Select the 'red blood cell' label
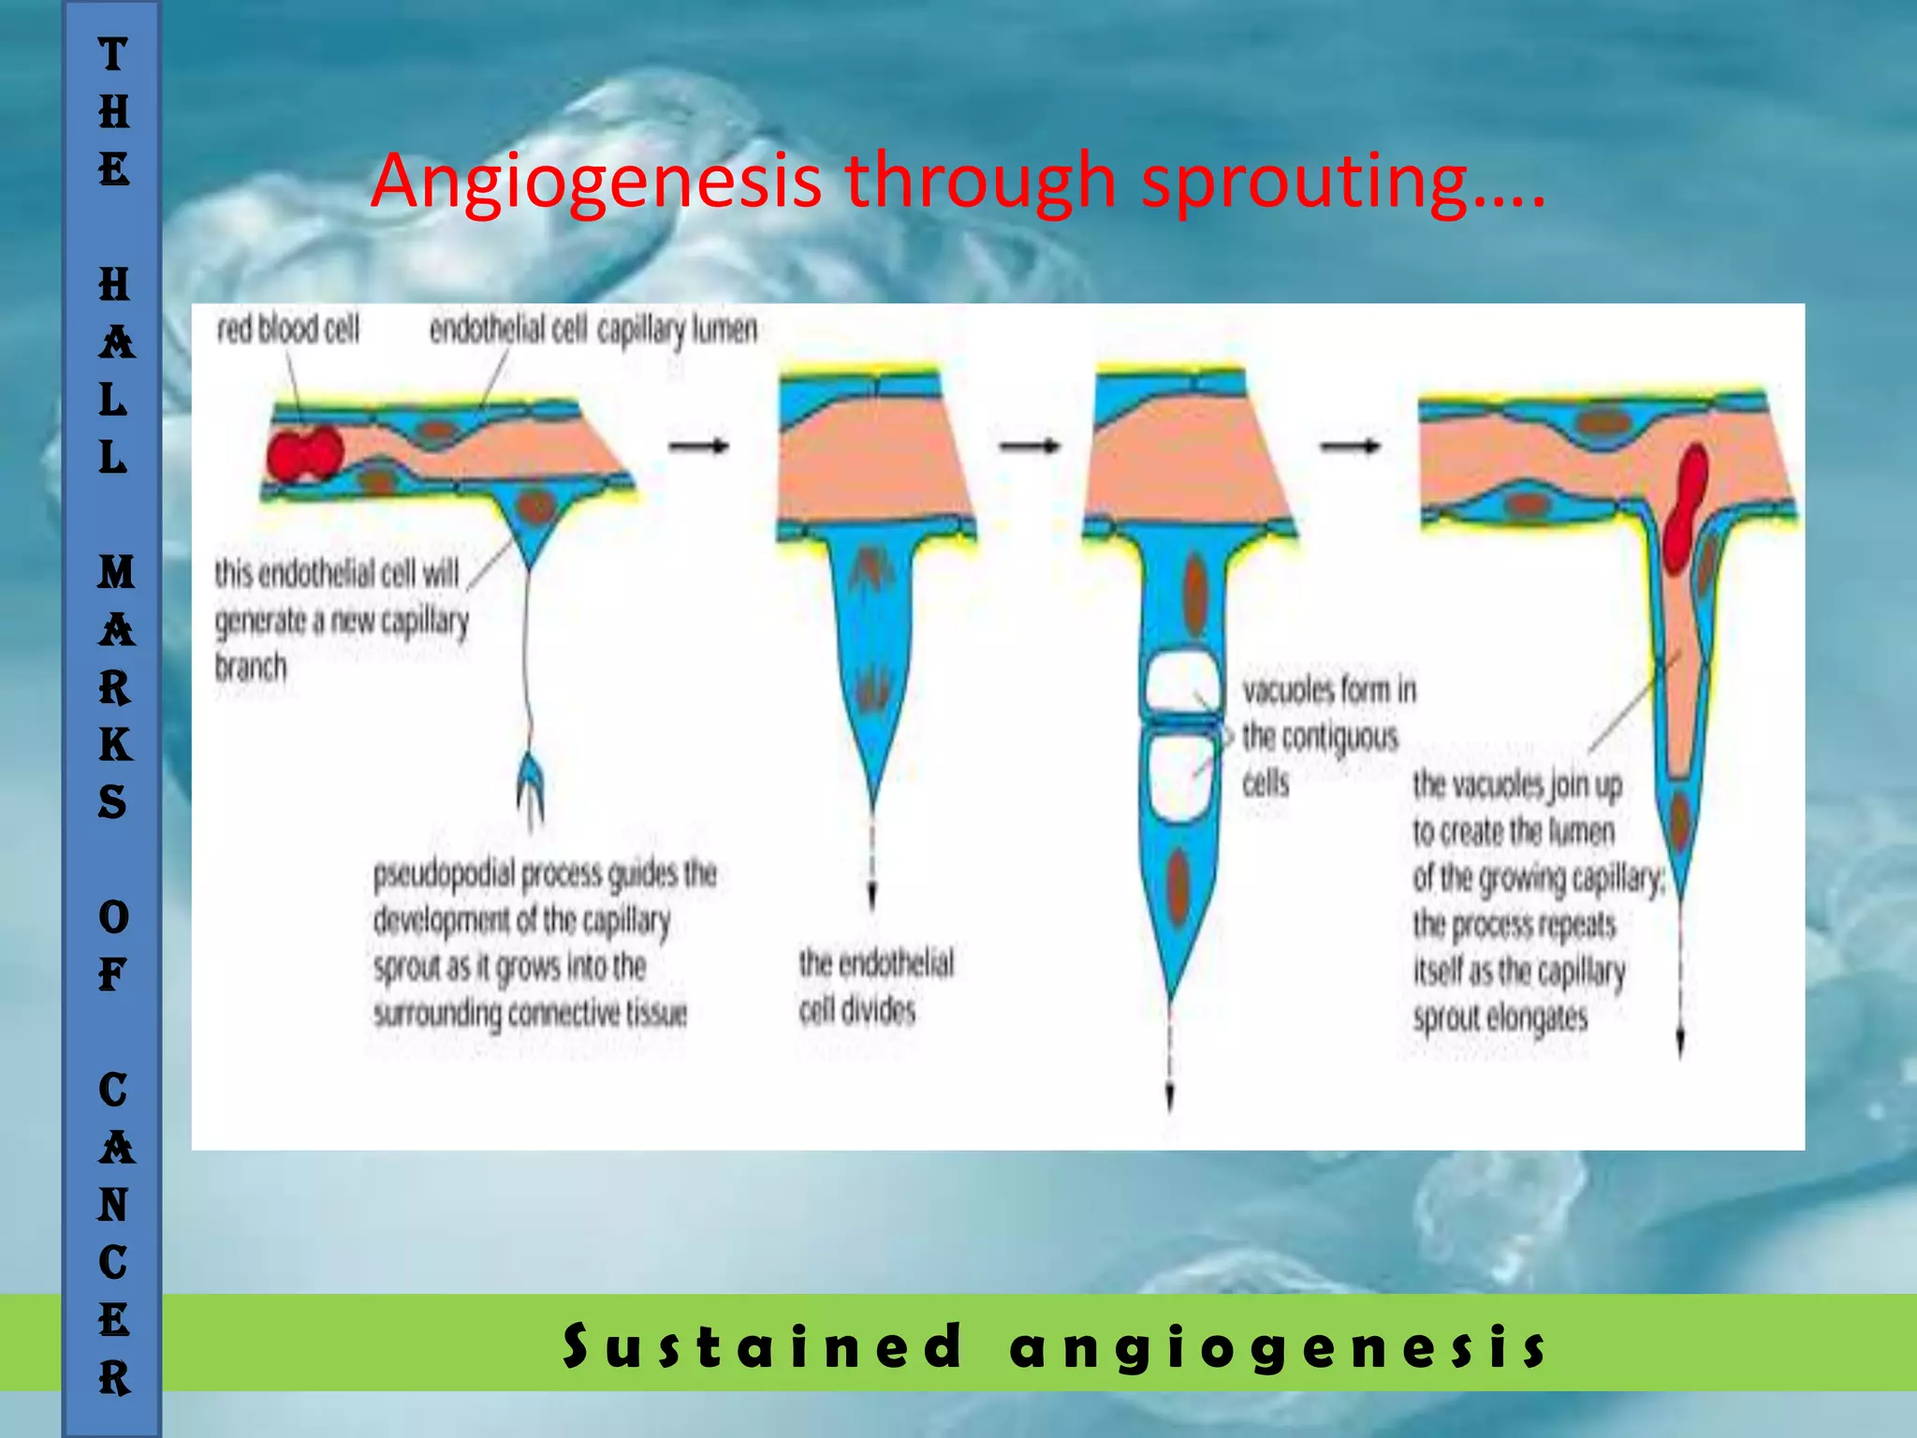[x=288, y=330]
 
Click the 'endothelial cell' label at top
[x=507, y=330]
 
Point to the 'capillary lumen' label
[x=677, y=330]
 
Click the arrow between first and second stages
[x=698, y=447]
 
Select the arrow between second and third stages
[x=1029, y=447]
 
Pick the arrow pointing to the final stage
[x=1350, y=447]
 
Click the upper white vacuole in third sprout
[x=1182, y=684]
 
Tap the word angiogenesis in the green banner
[x=1278, y=1346]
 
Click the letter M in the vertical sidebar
[x=115, y=572]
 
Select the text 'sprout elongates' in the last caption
[x=1500, y=1018]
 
